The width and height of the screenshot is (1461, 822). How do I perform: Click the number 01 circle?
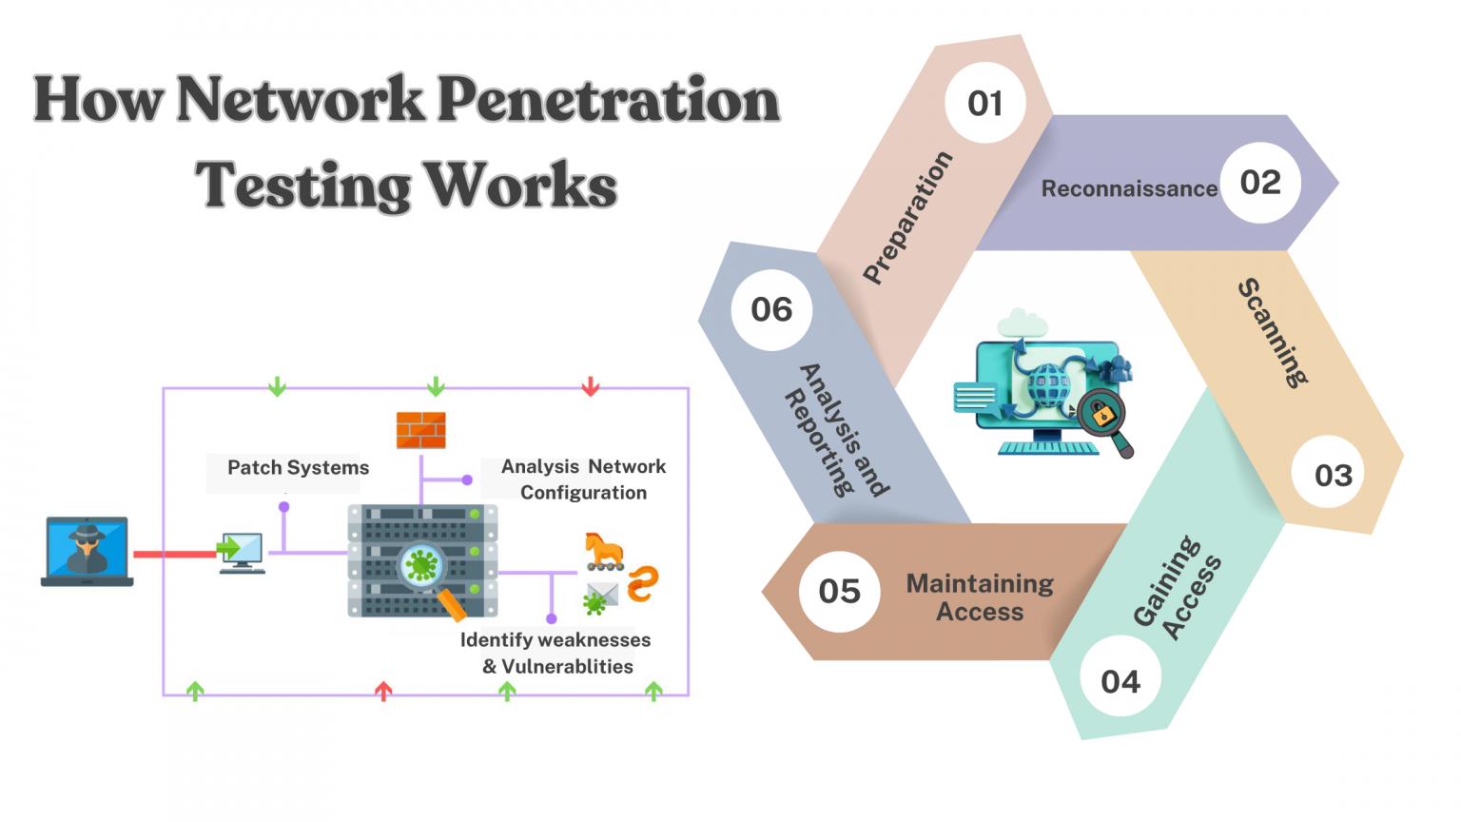coord(985,103)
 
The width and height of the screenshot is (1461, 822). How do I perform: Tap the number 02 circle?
coord(1260,183)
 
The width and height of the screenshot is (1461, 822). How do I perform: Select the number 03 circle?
coord(1333,475)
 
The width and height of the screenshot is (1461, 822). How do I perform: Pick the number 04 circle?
coord(1120,681)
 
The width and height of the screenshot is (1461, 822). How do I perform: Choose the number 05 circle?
coord(839,591)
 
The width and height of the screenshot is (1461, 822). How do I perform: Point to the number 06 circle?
coord(771,309)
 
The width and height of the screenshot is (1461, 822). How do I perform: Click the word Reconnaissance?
coord(1129,188)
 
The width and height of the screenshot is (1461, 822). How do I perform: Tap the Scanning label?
coord(1273,333)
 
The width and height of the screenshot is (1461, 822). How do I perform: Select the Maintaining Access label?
coord(980,597)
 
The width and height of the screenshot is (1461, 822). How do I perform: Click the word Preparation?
coord(907,218)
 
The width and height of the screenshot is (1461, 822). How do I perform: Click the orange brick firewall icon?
coord(420,430)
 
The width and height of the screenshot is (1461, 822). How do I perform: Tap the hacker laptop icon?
coord(87,551)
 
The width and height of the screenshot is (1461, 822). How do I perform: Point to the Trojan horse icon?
coord(604,551)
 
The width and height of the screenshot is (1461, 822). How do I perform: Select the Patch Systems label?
coord(298,467)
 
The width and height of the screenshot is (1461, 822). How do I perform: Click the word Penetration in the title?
coord(609,99)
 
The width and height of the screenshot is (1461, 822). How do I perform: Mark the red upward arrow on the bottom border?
coord(383,691)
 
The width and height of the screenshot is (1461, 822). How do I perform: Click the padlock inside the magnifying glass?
coord(1102,414)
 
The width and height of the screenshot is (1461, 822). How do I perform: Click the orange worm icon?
coord(643,583)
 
